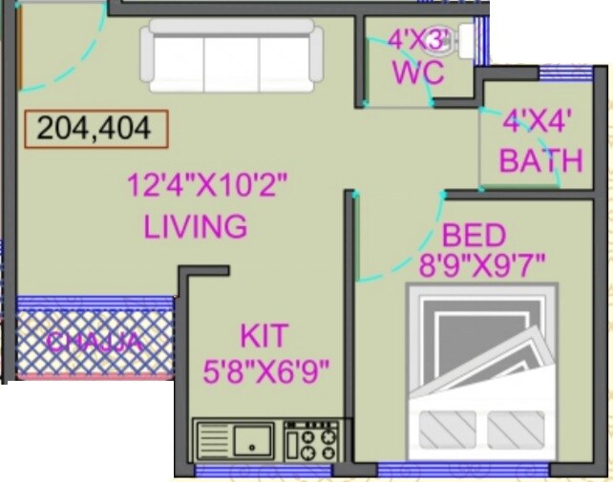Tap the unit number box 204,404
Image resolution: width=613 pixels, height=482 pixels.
(95, 128)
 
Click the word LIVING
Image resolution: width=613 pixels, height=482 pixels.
(196, 227)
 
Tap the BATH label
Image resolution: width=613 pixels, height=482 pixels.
(540, 159)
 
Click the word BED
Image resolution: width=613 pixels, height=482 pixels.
(473, 234)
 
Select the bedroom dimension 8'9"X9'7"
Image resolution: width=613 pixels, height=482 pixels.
(482, 264)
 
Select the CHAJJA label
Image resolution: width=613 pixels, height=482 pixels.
(95, 341)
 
